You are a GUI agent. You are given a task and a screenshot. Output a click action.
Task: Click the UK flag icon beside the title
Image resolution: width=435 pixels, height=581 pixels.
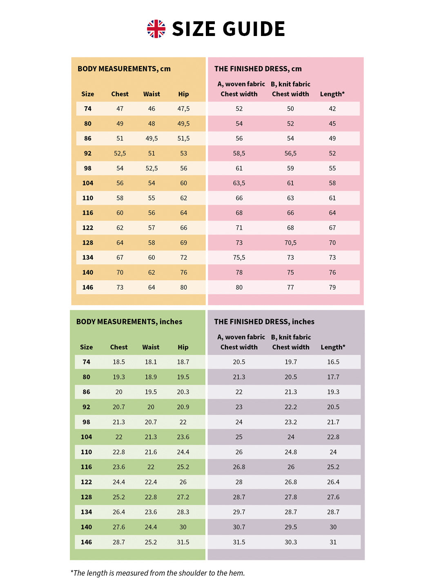click(x=156, y=29)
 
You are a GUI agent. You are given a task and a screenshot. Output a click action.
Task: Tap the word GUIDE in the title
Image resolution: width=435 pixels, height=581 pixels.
click(x=254, y=29)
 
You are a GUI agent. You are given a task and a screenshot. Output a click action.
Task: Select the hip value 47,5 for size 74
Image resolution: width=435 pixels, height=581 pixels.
click(x=183, y=109)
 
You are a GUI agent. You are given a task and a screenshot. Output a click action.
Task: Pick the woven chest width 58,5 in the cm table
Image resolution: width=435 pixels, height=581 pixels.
click(x=239, y=153)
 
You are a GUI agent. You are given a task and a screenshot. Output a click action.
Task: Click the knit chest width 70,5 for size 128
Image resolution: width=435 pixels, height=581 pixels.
click(x=290, y=243)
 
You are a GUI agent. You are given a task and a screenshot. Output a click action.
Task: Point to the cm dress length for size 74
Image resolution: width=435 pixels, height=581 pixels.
click(x=332, y=109)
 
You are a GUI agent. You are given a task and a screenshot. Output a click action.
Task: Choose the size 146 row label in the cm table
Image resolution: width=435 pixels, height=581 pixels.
click(x=88, y=287)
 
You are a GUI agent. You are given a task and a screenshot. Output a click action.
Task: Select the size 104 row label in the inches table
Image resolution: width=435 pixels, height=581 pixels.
click(x=86, y=437)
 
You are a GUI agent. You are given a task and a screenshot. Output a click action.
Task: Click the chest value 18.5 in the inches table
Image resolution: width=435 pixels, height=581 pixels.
click(x=119, y=362)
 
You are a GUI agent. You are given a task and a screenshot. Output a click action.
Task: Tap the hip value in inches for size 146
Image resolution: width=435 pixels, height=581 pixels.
click(x=183, y=542)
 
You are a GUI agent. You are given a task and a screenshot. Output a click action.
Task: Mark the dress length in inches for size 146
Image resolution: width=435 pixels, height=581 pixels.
click(x=333, y=542)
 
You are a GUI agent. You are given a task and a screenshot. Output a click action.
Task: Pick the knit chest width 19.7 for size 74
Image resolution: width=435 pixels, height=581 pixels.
click(x=291, y=362)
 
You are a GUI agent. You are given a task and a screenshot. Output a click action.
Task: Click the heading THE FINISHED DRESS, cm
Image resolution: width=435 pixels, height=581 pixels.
click(x=258, y=69)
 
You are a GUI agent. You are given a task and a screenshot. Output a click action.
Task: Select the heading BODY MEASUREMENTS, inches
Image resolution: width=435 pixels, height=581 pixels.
click(x=129, y=322)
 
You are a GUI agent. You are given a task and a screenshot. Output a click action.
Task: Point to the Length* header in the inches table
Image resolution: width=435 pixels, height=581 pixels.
click(x=333, y=347)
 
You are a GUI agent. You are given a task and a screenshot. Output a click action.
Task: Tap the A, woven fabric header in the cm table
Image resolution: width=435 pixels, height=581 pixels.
click(x=241, y=84)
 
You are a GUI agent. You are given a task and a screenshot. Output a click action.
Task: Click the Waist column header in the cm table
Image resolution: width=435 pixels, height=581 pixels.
click(x=152, y=94)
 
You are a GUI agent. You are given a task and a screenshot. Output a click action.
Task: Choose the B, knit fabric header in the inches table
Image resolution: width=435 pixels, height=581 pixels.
click(x=291, y=337)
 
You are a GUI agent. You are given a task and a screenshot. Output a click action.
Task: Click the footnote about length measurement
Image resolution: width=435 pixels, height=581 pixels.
click(x=158, y=573)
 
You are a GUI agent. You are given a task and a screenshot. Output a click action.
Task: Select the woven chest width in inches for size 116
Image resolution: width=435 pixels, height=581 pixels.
click(x=239, y=467)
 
